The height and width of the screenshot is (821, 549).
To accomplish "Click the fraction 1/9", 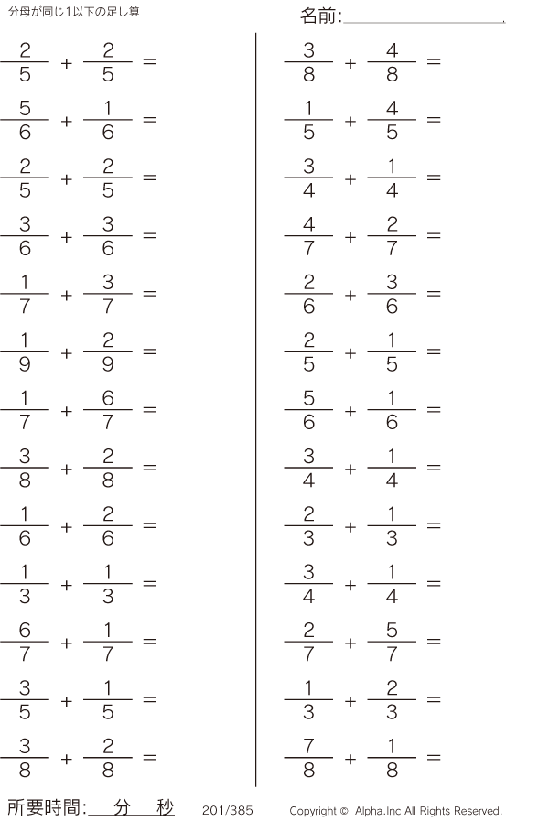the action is (25, 351).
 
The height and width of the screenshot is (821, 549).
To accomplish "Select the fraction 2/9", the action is (108, 351).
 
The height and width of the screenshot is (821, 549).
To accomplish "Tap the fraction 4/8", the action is (392, 62).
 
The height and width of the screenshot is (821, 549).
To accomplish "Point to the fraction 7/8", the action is (308, 758).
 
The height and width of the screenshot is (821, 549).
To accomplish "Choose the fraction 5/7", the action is (392, 642).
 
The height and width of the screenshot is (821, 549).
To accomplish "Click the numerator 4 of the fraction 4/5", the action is (392, 108).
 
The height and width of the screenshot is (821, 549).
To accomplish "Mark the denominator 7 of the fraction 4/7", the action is (308, 248).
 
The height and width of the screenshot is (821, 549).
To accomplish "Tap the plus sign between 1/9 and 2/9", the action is (67, 353).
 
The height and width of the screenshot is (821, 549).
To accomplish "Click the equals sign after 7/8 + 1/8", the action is (434, 758).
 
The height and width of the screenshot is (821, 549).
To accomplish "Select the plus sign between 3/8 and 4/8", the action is (350, 63).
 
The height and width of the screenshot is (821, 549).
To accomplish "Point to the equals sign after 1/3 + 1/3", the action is (150, 583).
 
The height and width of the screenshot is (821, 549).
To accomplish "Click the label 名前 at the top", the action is (318, 16).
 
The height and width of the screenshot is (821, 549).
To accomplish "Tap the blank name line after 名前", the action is (424, 23).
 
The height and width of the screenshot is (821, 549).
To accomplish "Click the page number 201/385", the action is (228, 810).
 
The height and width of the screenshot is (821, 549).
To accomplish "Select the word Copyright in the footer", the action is (313, 811).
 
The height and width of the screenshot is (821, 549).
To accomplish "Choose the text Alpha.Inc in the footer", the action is (378, 811).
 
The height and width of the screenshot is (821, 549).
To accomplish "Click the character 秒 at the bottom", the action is (165, 807).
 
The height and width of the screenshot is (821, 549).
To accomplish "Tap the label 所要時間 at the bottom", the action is (44, 807).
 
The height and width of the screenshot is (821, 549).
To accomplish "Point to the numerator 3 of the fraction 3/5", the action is (25, 688).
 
